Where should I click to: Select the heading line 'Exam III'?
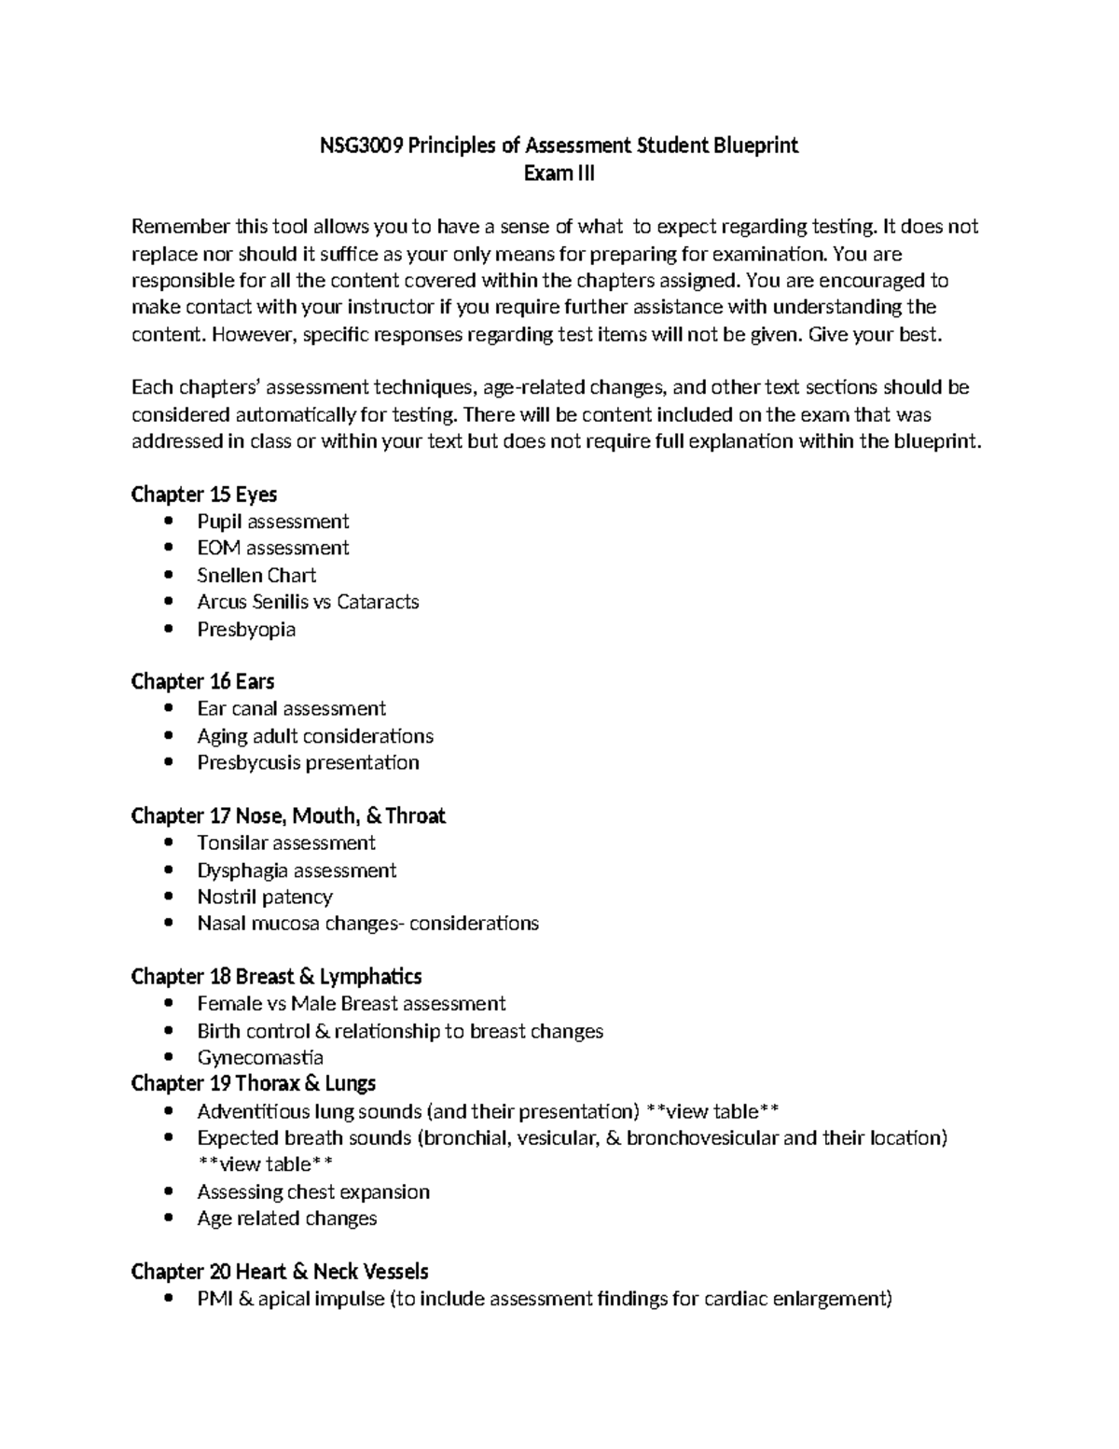tap(559, 173)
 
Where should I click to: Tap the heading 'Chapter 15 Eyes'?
tap(204, 494)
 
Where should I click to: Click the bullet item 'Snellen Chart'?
tap(256, 575)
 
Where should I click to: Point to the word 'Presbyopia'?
tap(246, 629)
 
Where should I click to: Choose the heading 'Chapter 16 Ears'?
tap(202, 681)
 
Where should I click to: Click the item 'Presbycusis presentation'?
tap(308, 762)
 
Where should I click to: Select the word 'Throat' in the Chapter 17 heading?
tap(416, 816)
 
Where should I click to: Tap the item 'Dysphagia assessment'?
tap(297, 871)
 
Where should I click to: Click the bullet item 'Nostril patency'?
tap(265, 897)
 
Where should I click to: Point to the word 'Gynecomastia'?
tap(260, 1057)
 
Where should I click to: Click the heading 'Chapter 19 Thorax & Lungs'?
tap(254, 1083)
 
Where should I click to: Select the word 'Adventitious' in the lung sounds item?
tap(253, 1111)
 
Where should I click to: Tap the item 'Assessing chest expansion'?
tap(313, 1191)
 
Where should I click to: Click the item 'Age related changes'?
tap(287, 1219)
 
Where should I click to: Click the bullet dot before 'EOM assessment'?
tap(168, 548)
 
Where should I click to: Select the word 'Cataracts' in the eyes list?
tap(378, 602)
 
